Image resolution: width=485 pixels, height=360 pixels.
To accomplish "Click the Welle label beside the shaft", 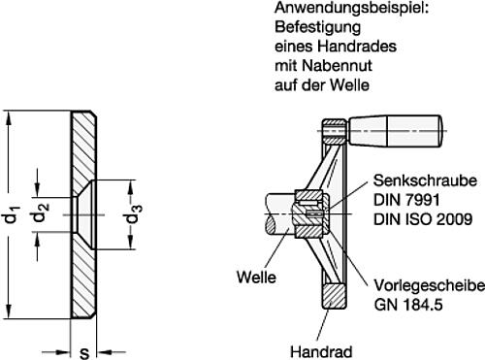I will pyautogui.click(x=255, y=275).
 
